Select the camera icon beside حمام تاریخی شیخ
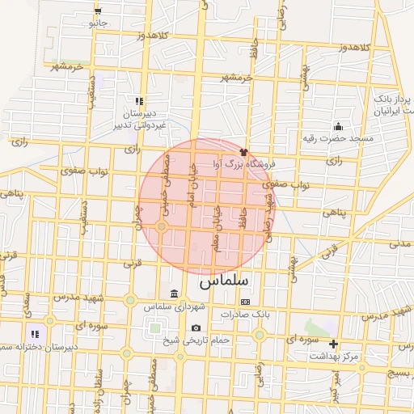(196, 328)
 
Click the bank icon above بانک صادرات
(245, 302)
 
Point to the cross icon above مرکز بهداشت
(333, 344)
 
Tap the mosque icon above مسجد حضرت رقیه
(337, 126)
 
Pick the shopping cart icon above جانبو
(98, 11)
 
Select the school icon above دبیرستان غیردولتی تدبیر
(139, 102)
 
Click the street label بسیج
(399, 374)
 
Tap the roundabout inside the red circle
(162, 226)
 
